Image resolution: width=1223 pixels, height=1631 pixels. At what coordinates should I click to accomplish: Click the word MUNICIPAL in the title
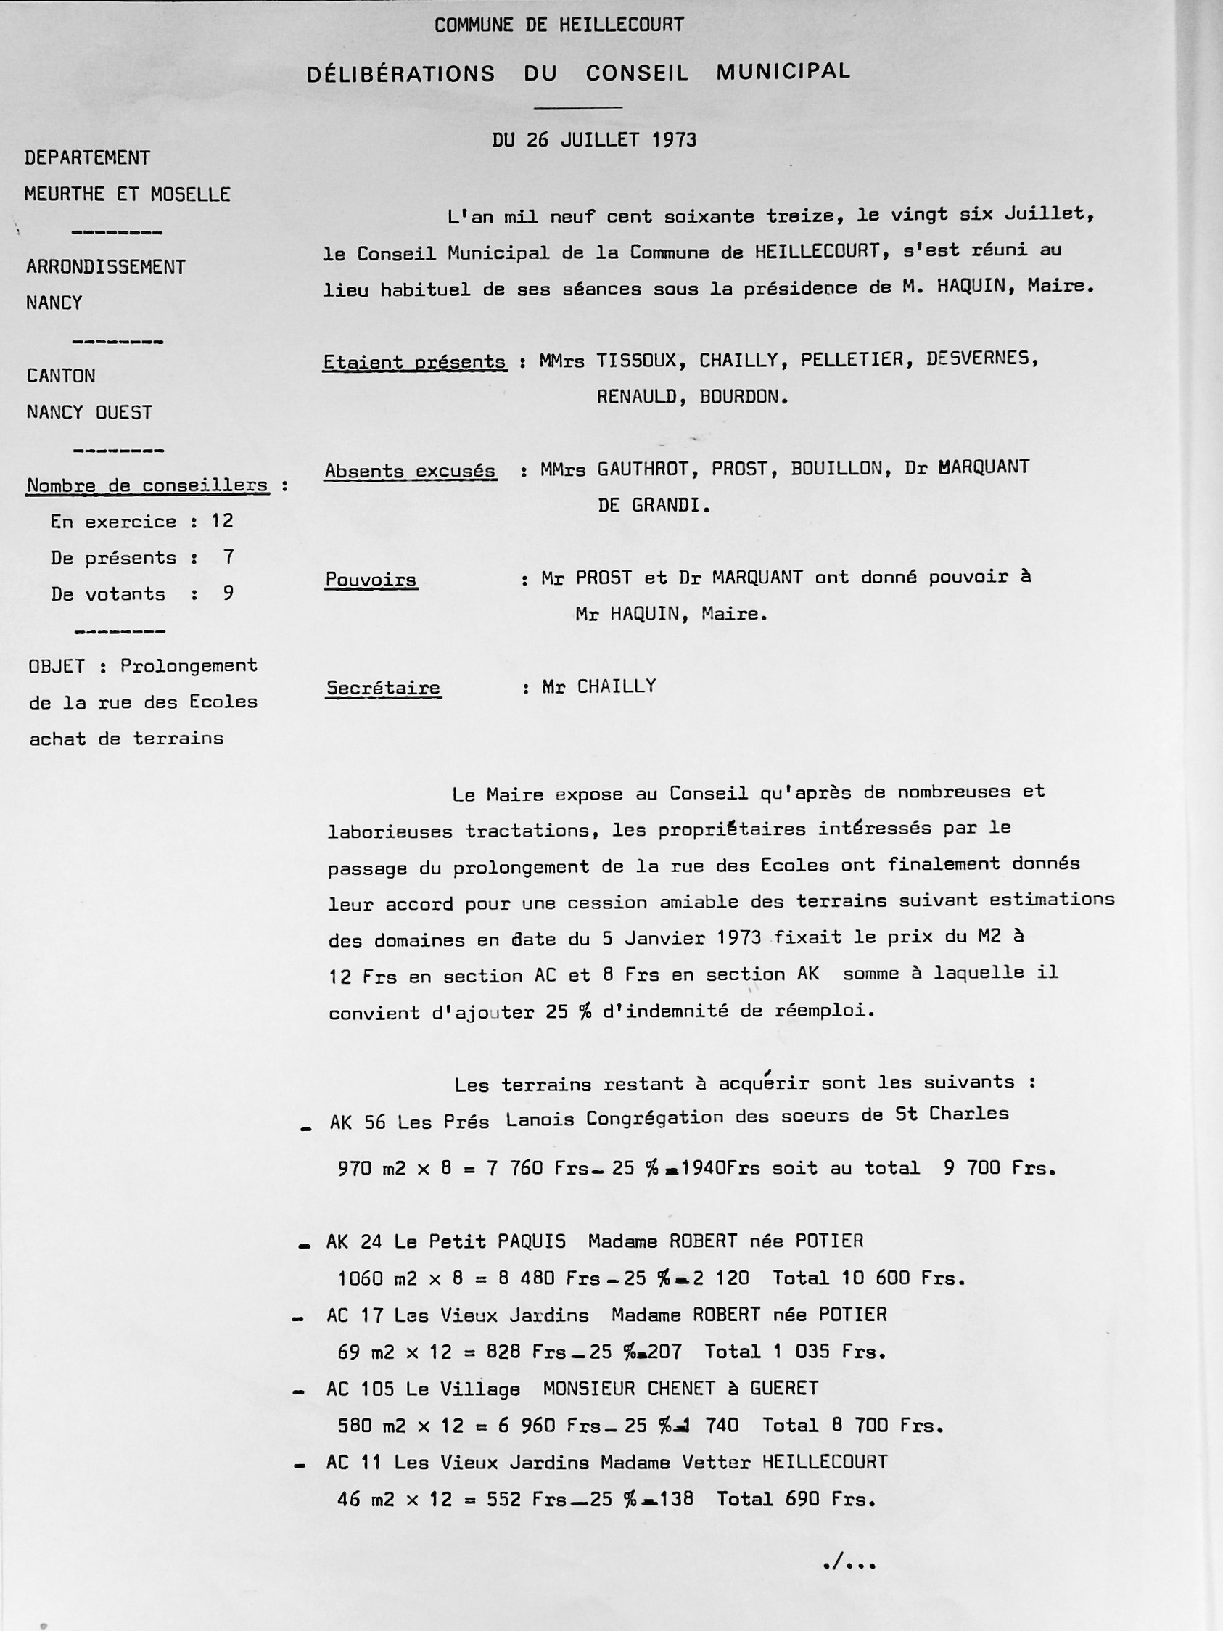pyautogui.click(x=783, y=72)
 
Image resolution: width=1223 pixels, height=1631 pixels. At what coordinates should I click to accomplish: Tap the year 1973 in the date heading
pyautogui.click(x=674, y=139)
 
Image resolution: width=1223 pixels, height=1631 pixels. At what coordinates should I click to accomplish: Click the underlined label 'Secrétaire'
pyautogui.click(x=383, y=688)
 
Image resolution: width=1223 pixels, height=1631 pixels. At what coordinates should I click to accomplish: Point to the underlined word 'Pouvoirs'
pyautogui.click(x=371, y=580)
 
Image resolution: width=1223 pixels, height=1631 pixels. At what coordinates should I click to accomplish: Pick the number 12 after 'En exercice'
pyautogui.click(x=222, y=522)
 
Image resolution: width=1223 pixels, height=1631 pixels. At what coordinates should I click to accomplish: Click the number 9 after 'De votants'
pyautogui.click(x=228, y=593)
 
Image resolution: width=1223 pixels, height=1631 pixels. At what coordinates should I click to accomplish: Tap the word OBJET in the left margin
pyautogui.click(x=57, y=666)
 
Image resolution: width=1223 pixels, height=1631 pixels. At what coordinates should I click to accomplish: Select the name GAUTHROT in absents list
pyautogui.click(x=643, y=469)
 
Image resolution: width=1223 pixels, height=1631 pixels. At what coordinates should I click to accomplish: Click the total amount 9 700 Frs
pyautogui.click(x=999, y=1168)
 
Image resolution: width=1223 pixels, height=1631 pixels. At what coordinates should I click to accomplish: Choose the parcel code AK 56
pyautogui.click(x=358, y=1122)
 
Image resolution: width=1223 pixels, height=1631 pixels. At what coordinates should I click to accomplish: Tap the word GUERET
pyautogui.click(x=784, y=1389)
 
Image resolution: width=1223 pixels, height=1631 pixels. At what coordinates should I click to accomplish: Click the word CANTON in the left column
pyautogui.click(x=61, y=376)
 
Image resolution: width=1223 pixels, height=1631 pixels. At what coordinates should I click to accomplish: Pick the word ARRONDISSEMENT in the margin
pyautogui.click(x=106, y=267)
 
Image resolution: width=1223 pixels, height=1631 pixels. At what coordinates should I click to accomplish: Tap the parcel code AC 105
pyautogui.click(x=360, y=1389)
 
